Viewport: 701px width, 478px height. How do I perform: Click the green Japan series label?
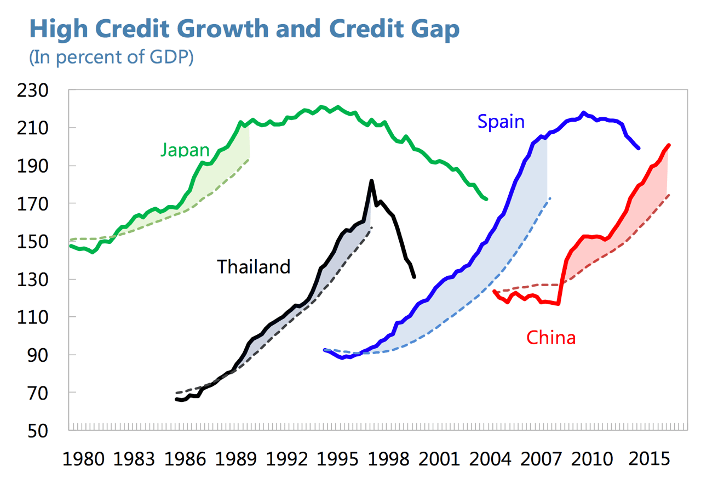pos(185,150)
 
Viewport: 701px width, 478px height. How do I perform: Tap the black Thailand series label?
pos(254,267)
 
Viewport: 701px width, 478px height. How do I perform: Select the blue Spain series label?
pos(501,121)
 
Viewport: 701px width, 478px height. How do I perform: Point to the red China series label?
pos(551,338)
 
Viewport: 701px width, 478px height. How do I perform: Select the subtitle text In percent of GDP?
pos(111,58)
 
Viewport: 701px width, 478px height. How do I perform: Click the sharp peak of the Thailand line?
pos(371,180)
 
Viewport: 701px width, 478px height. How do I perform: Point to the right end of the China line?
pos(669,145)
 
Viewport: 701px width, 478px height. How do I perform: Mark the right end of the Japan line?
pos(486,199)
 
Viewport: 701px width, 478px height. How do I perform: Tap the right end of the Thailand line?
pos(414,277)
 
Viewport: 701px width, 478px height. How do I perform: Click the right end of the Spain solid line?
pos(639,148)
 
